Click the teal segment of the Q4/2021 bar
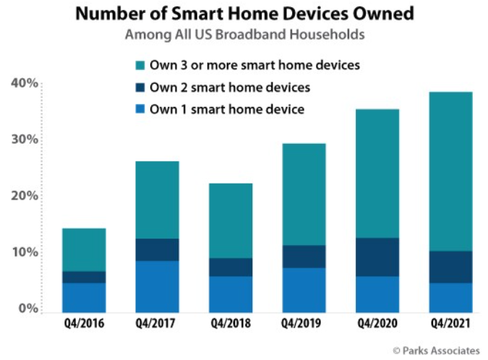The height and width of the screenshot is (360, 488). coord(450,171)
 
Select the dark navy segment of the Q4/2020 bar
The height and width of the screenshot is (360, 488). coord(377,257)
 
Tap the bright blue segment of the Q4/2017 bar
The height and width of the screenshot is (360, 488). coord(157,286)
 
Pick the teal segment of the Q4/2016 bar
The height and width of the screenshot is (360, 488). coord(84,250)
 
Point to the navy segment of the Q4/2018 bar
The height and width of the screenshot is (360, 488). coord(231,267)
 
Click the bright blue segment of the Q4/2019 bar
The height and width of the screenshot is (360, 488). coord(304,290)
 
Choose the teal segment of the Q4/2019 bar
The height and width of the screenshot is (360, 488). coord(304,194)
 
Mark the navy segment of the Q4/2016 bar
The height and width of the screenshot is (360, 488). coord(84,278)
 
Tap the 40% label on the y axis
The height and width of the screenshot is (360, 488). coord(25,83)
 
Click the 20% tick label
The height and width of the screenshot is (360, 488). coord(25,196)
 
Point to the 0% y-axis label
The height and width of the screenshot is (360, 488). coord(28,308)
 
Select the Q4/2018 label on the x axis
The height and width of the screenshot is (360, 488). coord(231,323)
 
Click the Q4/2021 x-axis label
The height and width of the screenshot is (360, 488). coord(450,323)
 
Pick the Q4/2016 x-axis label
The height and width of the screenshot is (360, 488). coord(84,323)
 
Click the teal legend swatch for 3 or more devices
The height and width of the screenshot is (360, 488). coord(140,65)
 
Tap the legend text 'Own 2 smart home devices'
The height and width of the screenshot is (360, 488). coord(230,87)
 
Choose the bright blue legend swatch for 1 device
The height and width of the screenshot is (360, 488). coord(140,109)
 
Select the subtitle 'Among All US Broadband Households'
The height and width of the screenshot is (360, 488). coord(245,35)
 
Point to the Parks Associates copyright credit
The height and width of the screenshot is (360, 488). coord(437,351)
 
